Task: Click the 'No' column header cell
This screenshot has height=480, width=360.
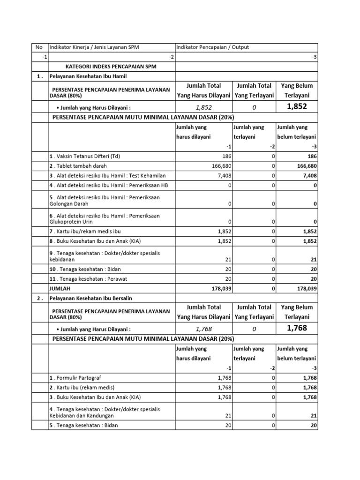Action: click(39, 47)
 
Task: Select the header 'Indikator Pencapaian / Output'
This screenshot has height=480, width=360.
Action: click(212, 47)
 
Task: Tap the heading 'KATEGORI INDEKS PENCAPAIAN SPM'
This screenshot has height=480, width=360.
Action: click(111, 67)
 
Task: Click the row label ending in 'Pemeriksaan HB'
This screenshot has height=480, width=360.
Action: click(109, 185)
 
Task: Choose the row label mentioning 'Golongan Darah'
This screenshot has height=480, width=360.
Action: click(104, 201)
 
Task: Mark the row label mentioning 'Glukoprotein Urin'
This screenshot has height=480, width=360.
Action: click(104, 218)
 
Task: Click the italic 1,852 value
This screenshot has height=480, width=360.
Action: click(203, 107)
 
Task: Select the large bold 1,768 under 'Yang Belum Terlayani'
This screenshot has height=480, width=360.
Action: click(297, 328)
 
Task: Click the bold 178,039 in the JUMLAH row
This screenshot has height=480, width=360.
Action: click(220, 288)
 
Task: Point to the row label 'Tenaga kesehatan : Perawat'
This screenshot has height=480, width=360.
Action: click(89, 278)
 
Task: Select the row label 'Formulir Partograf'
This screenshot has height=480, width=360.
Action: click(75, 378)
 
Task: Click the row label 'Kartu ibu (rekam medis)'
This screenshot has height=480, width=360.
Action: click(82, 388)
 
